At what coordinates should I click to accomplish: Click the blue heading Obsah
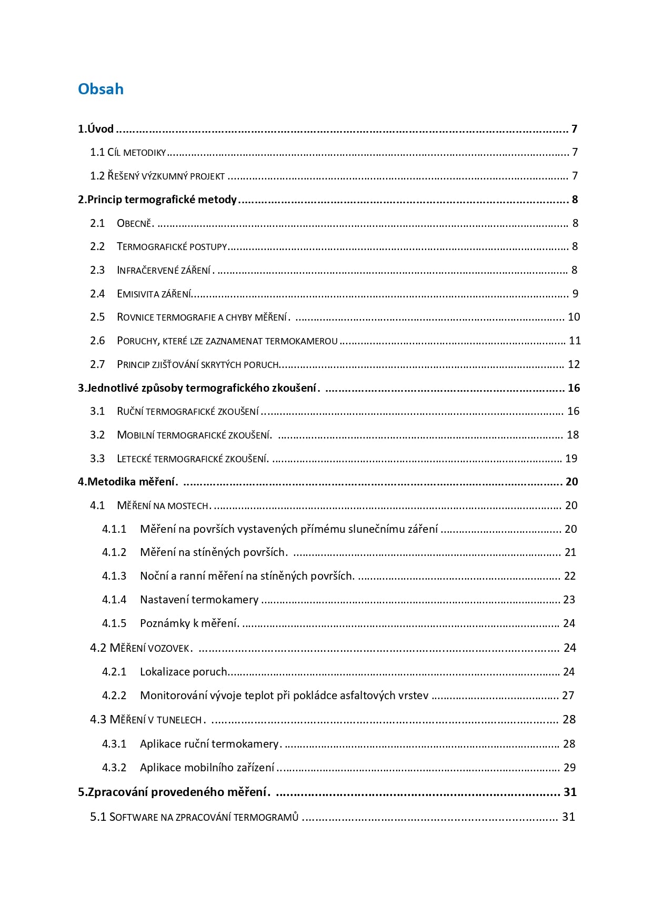click(101, 89)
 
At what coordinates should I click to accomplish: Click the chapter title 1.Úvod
click(96, 129)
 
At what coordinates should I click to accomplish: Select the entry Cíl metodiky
click(136, 153)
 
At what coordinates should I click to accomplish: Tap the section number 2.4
click(97, 294)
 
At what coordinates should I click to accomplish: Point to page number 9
click(575, 294)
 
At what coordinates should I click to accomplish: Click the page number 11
click(575, 341)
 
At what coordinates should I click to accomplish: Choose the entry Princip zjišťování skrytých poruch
click(197, 364)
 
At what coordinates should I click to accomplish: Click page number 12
click(574, 364)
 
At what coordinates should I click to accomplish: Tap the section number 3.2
click(97, 435)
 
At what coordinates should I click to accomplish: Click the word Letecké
click(134, 459)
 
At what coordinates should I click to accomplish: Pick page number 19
click(571, 459)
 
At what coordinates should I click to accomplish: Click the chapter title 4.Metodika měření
click(128, 482)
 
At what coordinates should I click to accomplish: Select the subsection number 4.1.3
click(114, 576)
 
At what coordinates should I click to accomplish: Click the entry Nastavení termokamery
click(199, 600)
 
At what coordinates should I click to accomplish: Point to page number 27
click(568, 696)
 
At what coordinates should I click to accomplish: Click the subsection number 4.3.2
click(114, 768)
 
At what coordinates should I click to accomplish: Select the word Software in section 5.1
click(134, 817)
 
